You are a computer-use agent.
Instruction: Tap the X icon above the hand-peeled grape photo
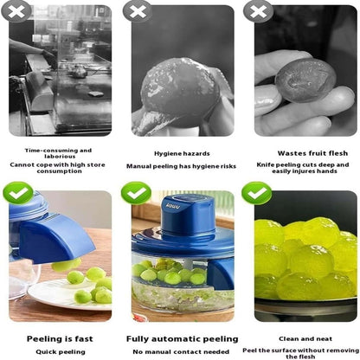pyautogui.click(x=135, y=10)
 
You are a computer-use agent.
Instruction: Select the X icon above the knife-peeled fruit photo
pyautogui.click(x=256, y=10)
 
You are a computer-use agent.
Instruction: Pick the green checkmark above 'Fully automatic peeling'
pyautogui.click(x=136, y=191)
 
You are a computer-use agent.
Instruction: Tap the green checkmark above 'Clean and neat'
pyautogui.click(x=256, y=192)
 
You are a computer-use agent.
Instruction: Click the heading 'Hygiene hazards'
pyautogui.click(x=181, y=153)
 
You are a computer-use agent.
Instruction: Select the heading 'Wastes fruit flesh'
pyautogui.click(x=301, y=153)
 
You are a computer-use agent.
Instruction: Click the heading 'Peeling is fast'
pyautogui.click(x=59, y=339)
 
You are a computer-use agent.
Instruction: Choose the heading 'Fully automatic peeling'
pyautogui.click(x=181, y=339)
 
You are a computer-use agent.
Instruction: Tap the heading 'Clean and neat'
pyautogui.click(x=302, y=339)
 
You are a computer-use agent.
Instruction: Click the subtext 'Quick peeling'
pyautogui.click(x=60, y=352)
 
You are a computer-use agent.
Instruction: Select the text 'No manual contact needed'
pyautogui.click(x=181, y=352)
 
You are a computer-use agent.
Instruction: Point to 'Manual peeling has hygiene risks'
pyautogui.click(x=181, y=165)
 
